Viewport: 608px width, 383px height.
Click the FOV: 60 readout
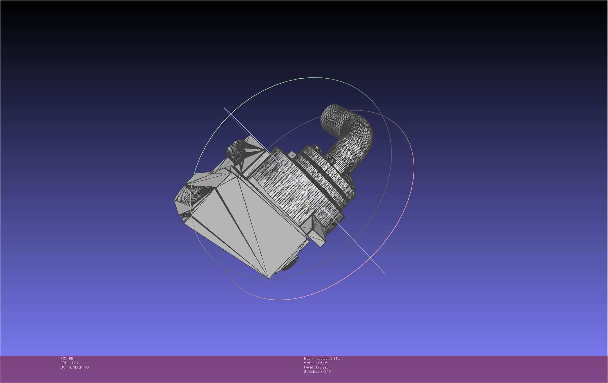pos(67,359)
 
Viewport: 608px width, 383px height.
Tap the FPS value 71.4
pos(75,363)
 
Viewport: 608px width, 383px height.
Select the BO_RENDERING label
pos(75,367)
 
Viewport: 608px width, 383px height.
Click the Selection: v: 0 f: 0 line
pos(317,372)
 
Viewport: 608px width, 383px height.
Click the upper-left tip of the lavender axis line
pos(225,108)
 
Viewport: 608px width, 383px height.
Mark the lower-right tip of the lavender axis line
pos(384,273)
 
